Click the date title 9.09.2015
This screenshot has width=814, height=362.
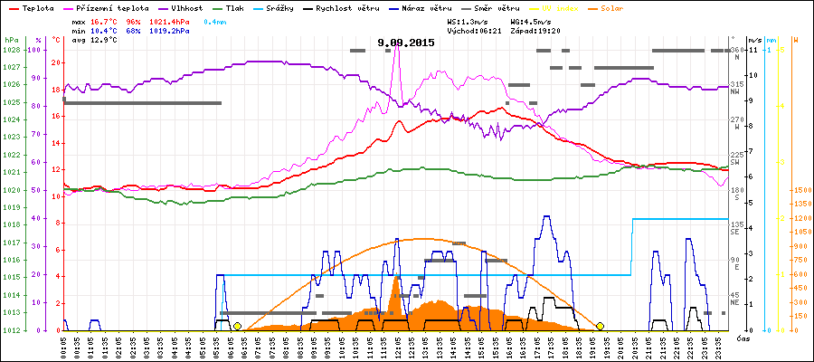[406, 43]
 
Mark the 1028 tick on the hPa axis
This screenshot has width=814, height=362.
[11, 50]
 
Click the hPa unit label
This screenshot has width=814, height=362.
[11, 40]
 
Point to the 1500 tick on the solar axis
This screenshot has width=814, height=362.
[800, 191]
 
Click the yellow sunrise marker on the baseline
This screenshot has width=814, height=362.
[237, 326]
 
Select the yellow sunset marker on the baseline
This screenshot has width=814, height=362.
[600, 326]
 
